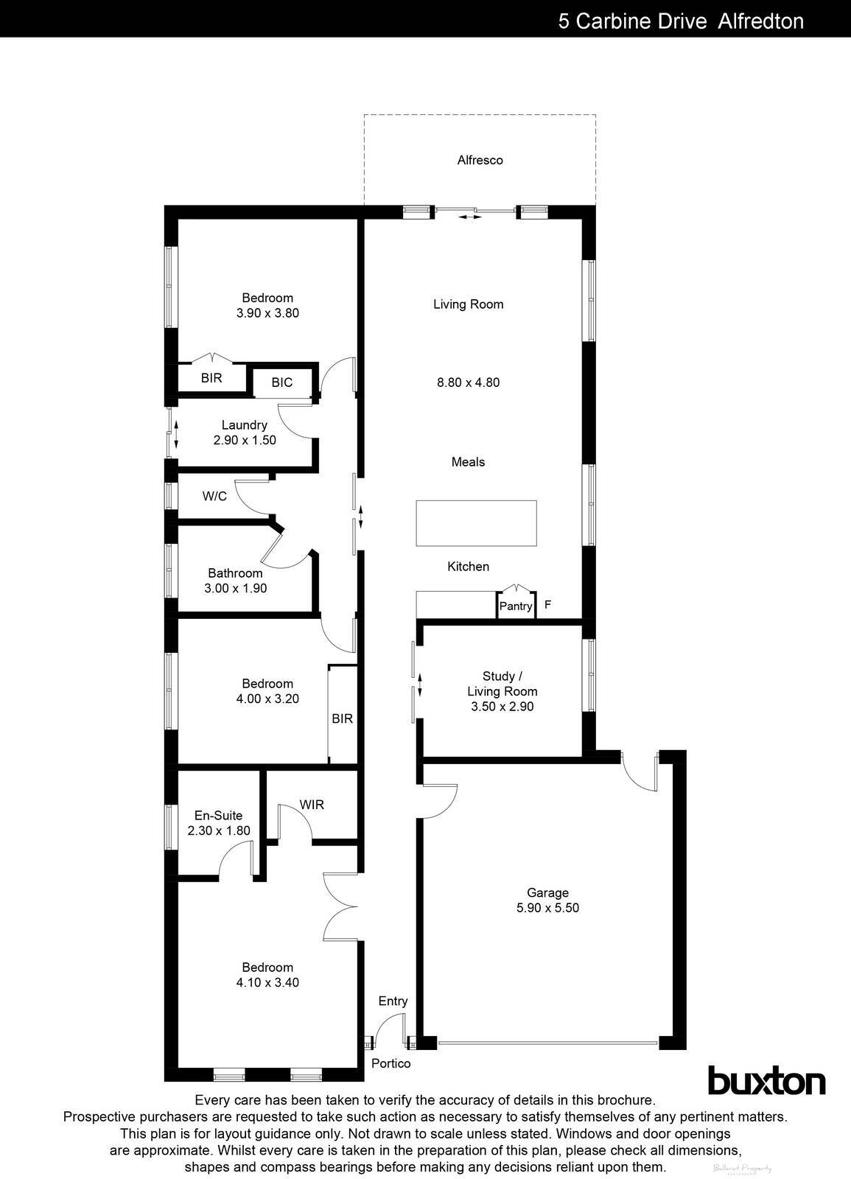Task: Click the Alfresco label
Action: click(x=480, y=160)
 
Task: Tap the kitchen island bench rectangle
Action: click(x=476, y=522)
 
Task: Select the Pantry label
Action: click(x=515, y=606)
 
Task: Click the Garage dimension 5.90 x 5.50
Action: click(x=547, y=908)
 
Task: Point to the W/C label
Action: click(x=214, y=496)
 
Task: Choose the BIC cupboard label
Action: click(x=281, y=382)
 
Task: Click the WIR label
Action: click(x=312, y=805)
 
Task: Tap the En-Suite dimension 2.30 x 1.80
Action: click(x=218, y=830)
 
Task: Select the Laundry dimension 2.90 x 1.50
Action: click(x=245, y=440)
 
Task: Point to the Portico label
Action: click(x=391, y=1063)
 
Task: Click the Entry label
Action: click(x=393, y=1001)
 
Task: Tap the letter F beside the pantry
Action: click(x=547, y=605)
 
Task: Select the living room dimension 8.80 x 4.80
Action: click(x=468, y=382)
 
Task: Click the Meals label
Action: click(x=468, y=462)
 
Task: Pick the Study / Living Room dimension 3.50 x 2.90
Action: click(x=502, y=706)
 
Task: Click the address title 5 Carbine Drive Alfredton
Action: click(x=680, y=21)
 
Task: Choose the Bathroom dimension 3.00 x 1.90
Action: click(x=235, y=588)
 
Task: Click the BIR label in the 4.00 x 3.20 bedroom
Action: click(x=342, y=718)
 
